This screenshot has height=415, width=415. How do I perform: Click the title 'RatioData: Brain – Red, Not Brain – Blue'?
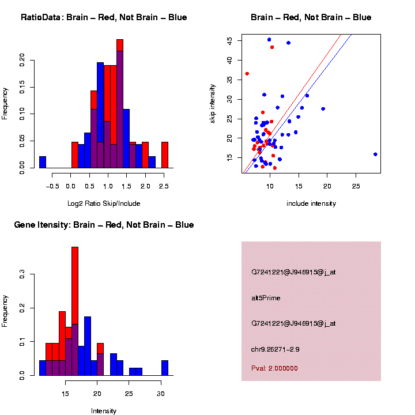[104, 17]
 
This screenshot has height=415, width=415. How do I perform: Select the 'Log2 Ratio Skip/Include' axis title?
[103, 203]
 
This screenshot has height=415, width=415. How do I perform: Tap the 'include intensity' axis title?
[311, 203]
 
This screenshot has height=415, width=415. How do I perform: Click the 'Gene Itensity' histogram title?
[104, 225]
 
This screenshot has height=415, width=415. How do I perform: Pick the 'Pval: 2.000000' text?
[282, 368]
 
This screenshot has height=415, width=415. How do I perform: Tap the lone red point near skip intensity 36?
[247, 74]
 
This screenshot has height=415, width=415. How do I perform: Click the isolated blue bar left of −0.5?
[43, 162]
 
